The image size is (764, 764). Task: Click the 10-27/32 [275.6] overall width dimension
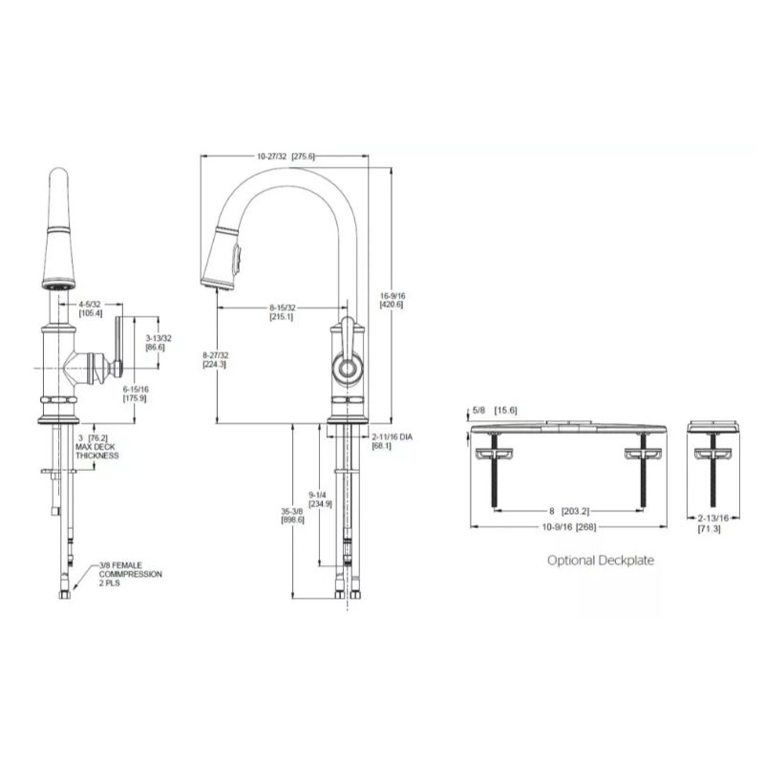286,156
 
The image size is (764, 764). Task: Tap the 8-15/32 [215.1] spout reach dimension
282,310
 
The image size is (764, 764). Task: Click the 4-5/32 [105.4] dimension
91,308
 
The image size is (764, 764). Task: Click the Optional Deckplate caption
600,561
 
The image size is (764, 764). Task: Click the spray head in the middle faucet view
226,253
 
